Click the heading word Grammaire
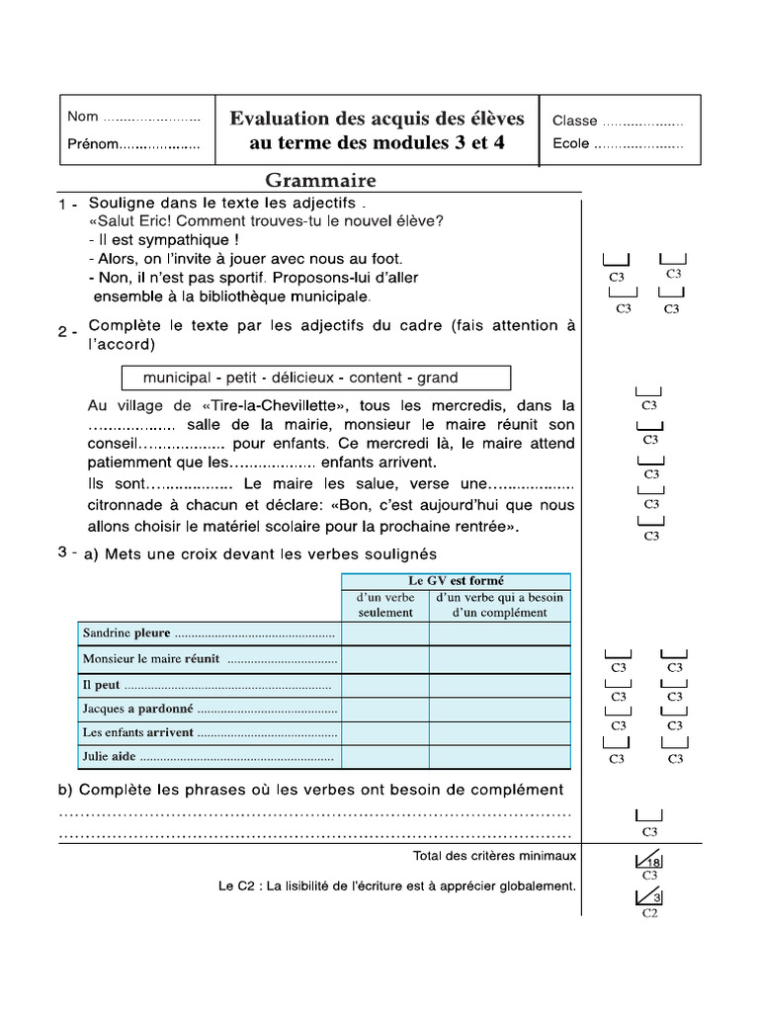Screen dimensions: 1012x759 320,181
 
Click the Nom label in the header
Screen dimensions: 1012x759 83,117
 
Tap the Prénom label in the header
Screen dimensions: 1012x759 92,144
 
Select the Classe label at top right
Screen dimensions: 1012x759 574,121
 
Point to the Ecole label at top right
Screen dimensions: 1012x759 570,144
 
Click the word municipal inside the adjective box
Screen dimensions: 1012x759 177,378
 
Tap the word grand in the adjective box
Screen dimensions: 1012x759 437,378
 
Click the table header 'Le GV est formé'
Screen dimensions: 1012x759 456,581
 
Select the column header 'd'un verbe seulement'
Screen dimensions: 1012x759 385,605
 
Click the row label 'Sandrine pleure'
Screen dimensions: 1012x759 126,633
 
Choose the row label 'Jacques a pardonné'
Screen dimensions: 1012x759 138,709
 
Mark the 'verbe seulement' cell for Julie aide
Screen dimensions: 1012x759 385,758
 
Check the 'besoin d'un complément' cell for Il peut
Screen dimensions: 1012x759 499,684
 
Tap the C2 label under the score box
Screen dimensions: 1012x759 649,914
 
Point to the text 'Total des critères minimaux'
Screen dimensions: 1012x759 494,855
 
